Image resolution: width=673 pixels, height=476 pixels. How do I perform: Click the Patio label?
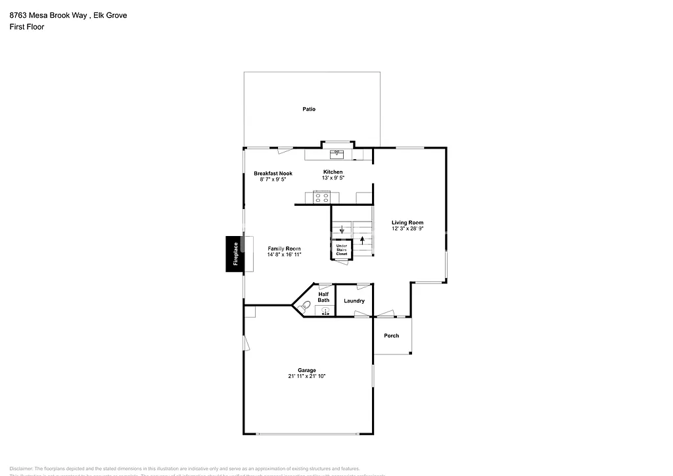click(x=309, y=109)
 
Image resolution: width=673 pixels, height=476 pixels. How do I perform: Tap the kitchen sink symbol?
click(x=336, y=154)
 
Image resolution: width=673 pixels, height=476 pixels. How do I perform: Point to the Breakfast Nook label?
click(x=273, y=174)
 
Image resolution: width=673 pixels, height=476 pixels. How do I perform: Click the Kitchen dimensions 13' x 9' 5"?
click(x=332, y=178)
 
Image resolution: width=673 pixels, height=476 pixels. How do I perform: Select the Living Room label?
click(x=407, y=223)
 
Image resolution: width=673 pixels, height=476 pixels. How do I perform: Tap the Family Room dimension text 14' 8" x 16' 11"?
click(x=284, y=254)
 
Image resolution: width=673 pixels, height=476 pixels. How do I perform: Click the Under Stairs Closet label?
click(x=342, y=249)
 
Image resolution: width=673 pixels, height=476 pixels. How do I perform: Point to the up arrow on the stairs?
click(x=361, y=240)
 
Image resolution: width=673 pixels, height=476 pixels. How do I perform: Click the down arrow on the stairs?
click(x=342, y=229)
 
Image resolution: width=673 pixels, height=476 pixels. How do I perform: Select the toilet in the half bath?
click(x=304, y=306)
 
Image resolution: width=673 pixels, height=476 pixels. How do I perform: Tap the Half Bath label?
click(x=323, y=297)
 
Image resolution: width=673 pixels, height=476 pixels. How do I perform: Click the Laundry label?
click(x=354, y=301)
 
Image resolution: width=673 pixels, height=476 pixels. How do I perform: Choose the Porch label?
click(x=392, y=336)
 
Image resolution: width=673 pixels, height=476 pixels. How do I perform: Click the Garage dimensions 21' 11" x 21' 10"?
click(x=306, y=376)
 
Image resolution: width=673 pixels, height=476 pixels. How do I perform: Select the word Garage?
click(x=306, y=370)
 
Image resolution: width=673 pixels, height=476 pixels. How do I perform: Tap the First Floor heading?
click(x=27, y=27)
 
